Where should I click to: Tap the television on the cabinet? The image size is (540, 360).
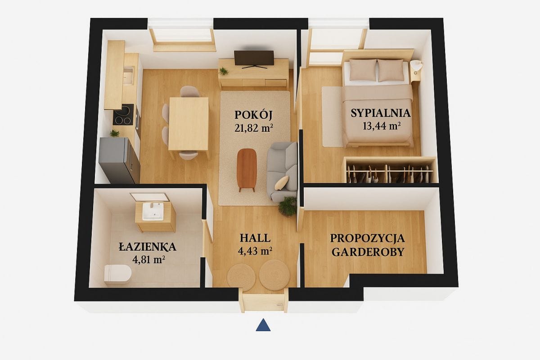click(254, 59)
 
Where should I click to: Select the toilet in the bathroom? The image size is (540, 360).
click(117, 274)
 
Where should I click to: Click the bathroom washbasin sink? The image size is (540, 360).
click(153, 211)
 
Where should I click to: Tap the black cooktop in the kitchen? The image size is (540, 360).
click(123, 115)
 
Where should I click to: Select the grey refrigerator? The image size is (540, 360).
click(119, 160)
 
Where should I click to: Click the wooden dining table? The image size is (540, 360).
click(189, 124)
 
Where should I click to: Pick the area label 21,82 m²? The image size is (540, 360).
click(254, 128)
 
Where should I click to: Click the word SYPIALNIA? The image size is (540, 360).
click(381, 113)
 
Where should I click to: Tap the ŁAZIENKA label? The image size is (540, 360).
click(147, 247)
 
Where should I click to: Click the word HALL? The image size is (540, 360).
click(255, 238)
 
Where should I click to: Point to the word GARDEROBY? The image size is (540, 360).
click(368, 252)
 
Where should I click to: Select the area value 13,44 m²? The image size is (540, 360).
click(382, 126)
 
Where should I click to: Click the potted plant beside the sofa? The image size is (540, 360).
click(288, 206)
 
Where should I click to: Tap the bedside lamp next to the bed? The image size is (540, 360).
click(417, 65)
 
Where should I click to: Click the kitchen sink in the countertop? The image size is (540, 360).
click(128, 75)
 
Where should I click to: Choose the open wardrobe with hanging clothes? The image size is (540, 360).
click(390, 170)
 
